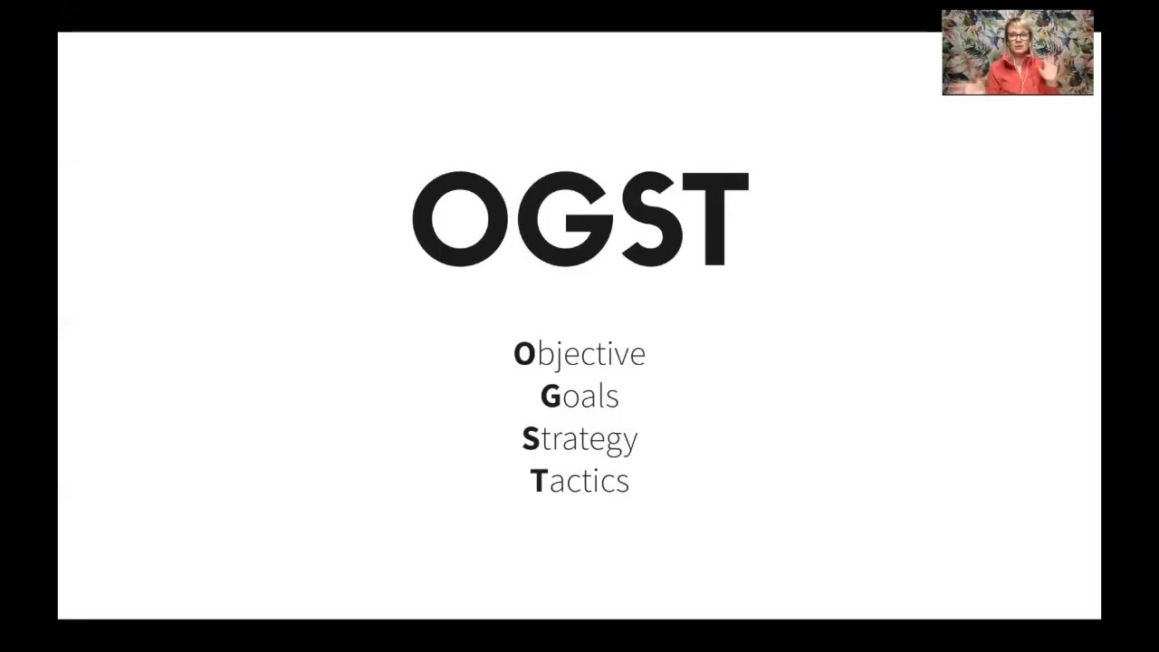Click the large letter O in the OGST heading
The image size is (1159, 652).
pos(460,219)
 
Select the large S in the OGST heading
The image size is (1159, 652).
pos(650,219)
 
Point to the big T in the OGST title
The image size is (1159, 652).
pos(715,219)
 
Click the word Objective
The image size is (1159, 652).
pos(579,354)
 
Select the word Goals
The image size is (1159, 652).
pos(579,397)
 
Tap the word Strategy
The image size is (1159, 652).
pos(579,439)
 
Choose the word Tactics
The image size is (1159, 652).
pos(579,481)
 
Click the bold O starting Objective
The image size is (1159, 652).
pos(524,354)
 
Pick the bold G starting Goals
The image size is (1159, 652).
pos(551,397)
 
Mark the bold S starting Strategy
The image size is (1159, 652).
pos(531,439)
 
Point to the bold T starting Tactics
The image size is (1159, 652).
pos(539,481)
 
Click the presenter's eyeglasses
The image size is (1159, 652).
pos(1019,36)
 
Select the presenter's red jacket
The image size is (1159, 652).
pos(1019,80)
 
